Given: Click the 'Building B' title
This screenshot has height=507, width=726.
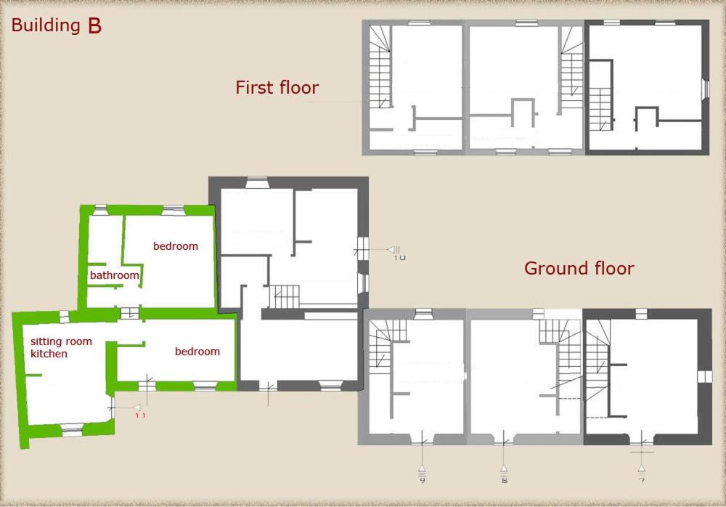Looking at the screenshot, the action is [x=56, y=25].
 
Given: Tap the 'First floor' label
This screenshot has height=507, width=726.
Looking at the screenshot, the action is [x=277, y=88].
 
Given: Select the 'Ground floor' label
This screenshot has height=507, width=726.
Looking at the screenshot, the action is [x=579, y=268].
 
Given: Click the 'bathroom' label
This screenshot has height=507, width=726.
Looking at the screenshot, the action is [x=115, y=275].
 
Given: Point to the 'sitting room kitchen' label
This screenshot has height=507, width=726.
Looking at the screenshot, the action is [x=61, y=348].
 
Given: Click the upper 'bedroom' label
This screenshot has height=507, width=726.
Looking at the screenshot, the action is [x=176, y=246].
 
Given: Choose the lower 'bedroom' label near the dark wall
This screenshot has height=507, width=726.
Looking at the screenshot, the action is [x=197, y=352].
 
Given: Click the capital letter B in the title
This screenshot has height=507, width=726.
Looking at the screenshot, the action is [x=94, y=26].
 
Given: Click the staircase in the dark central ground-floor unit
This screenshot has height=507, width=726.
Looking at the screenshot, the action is [x=285, y=296].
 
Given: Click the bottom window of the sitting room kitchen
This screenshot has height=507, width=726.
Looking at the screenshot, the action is [x=72, y=429].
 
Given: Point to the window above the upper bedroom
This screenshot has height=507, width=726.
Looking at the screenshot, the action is [x=174, y=211].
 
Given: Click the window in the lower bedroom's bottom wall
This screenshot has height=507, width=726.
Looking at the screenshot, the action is [x=205, y=386].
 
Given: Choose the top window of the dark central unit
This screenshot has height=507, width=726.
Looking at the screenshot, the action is [x=257, y=182].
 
